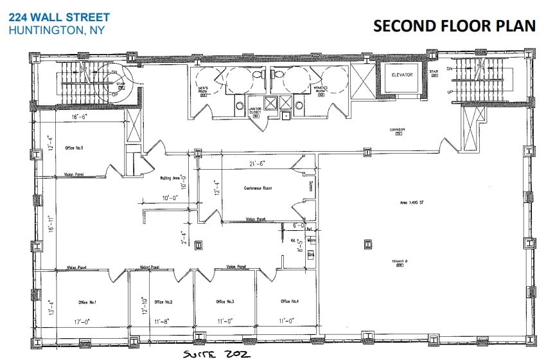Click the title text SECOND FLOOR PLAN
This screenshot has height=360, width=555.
454,26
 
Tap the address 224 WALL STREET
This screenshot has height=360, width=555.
59,17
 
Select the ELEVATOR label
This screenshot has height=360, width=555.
401,75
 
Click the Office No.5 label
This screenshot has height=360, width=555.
75,148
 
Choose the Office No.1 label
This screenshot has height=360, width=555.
87,301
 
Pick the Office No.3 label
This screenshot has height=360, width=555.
225,301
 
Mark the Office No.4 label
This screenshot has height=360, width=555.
290,301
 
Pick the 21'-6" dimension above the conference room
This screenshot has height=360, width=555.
258,164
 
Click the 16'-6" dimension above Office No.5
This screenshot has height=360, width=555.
79,117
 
